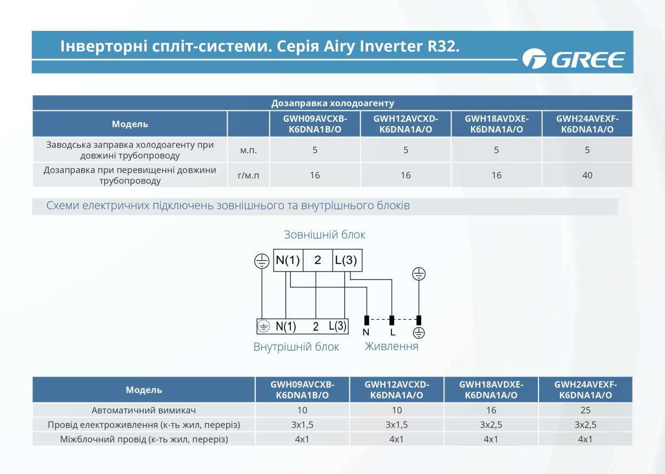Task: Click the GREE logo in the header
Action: tap(574, 58)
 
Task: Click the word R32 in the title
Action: tap(443, 46)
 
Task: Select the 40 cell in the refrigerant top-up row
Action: tap(587, 175)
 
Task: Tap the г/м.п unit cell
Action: tap(248, 175)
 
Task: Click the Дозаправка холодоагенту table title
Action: tap(332, 103)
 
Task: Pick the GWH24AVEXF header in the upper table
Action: tap(587, 124)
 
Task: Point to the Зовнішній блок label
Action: tap(324, 234)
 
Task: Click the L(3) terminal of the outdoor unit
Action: tap(347, 260)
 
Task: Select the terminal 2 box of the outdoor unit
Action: tap(318, 260)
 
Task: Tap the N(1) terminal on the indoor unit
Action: tap(285, 326)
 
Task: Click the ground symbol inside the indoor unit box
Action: tap(264, 326)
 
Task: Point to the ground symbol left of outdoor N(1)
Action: tap(262, 261)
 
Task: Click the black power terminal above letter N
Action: tap(367, 320)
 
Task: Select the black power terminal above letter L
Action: tap(391, 320)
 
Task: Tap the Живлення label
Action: tap(391, 346)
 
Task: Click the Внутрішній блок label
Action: tap(296, 347)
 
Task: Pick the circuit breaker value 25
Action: tap(585, 410)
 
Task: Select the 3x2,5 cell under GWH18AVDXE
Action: tap(491, 425)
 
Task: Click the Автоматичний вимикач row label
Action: tap(143, 410)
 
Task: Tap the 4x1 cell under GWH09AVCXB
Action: tap(302, 439)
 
